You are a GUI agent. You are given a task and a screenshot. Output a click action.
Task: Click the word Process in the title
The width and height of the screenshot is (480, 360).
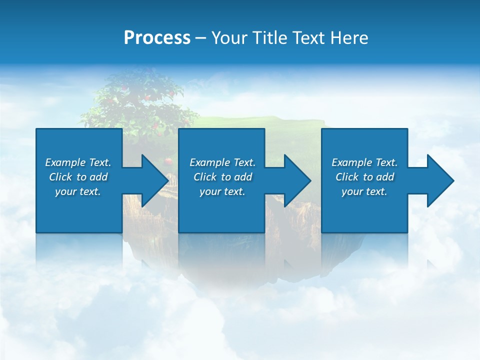tap(157, 38)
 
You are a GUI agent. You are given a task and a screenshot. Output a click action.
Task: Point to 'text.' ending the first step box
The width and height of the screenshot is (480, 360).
tap(90, 191)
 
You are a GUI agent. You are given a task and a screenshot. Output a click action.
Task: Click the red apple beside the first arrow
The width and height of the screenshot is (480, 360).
tap(168, 161)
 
